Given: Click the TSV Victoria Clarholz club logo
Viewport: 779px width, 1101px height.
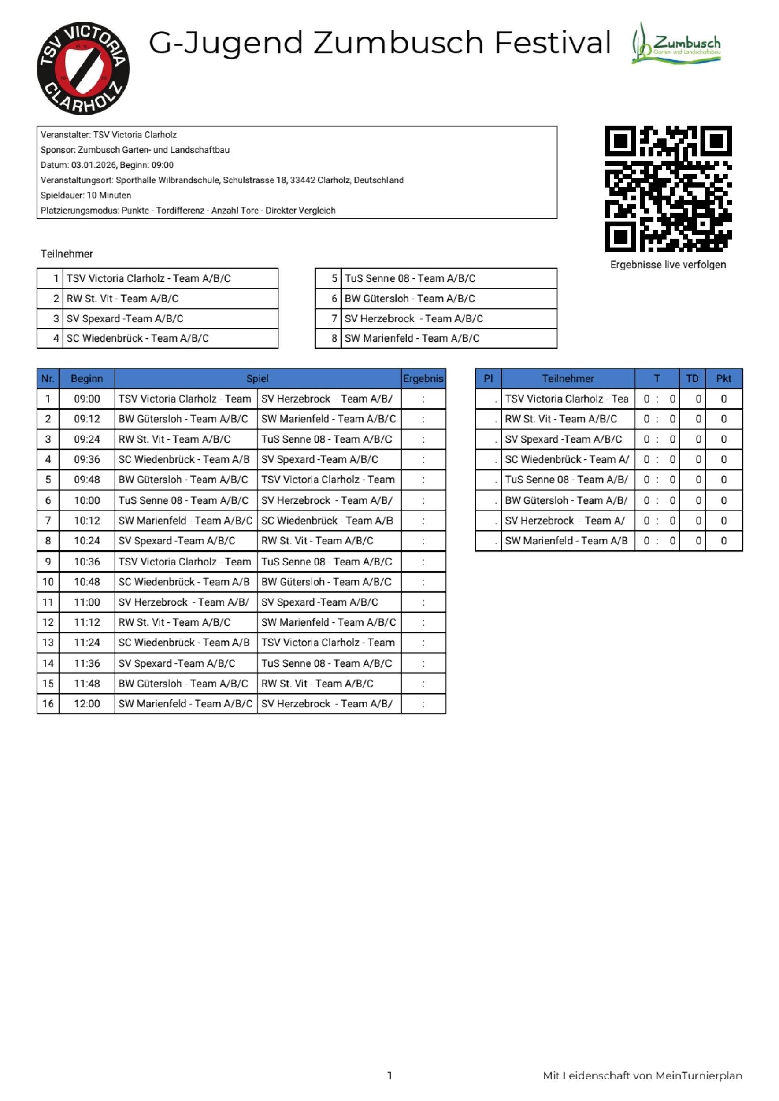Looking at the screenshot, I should [83, 68].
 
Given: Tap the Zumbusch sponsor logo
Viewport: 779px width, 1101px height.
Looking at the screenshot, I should [676, 43].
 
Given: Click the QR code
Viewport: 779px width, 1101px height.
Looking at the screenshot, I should [668, 188].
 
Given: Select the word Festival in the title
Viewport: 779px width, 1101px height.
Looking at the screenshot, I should [553, 42].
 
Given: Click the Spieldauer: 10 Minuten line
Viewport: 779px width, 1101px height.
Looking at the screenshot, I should [86, 195].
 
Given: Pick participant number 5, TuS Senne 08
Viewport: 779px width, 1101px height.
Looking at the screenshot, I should [410, 278].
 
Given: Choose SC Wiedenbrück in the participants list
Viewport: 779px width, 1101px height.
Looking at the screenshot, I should [137, 338].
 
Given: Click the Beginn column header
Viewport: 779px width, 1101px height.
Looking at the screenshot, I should [87, 378].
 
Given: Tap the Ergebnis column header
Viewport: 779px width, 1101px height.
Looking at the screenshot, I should [423, 378].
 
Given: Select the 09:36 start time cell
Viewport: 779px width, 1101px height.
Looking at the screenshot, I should [87, 459].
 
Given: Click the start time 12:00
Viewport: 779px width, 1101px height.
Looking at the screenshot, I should [87, 703].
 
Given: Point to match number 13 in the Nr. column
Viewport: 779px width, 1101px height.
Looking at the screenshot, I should [48, 642].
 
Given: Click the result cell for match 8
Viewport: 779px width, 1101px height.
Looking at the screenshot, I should [423, 541].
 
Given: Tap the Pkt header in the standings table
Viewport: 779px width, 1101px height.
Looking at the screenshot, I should [723, 378].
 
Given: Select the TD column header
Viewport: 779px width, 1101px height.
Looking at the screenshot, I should [692, 378].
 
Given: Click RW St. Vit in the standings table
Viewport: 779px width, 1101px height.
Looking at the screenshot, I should [561, 419].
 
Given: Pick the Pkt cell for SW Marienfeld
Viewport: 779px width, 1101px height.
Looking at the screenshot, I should [723, 541].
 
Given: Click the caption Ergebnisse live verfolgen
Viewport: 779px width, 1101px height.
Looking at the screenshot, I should [668, 265].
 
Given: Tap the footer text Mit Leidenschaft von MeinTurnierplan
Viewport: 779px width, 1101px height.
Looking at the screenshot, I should [642, 1075].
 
